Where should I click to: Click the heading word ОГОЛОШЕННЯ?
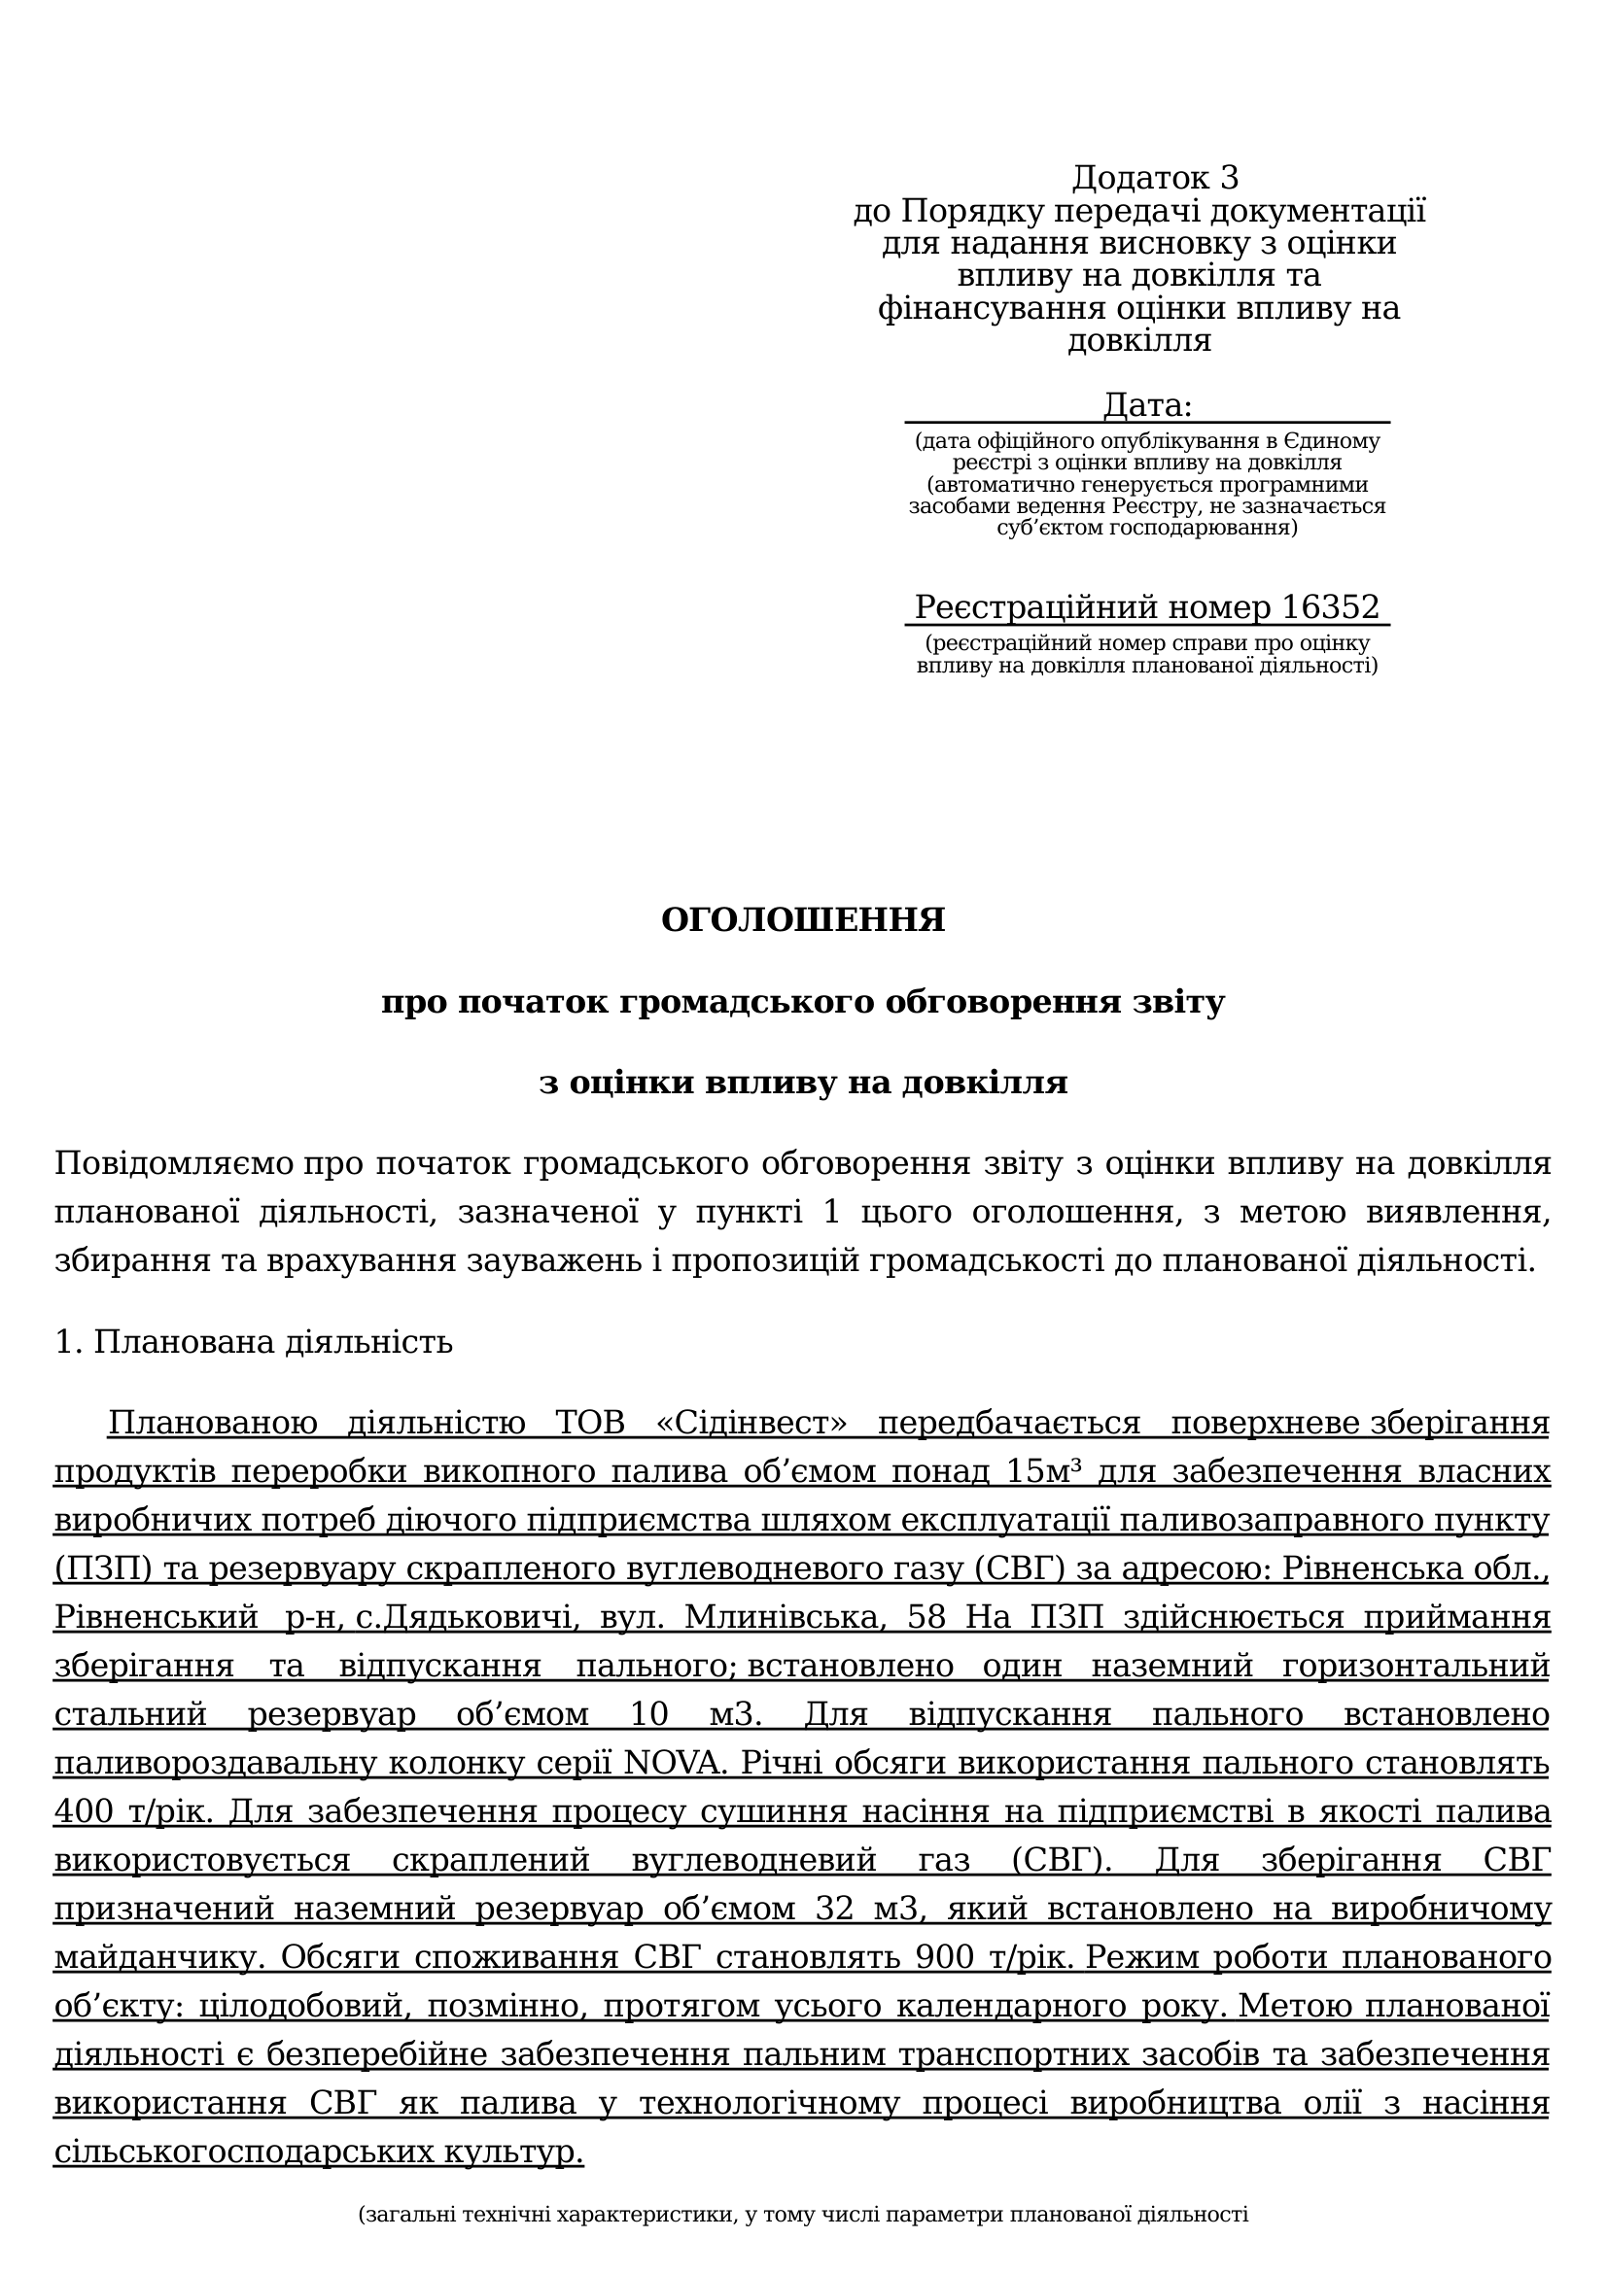click(802, 920)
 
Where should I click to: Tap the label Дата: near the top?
click(1146, 405)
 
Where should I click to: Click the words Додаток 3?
click(1155, 178)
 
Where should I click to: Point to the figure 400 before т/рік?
click(85, 1811)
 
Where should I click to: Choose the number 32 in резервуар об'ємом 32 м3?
click(840, 1909)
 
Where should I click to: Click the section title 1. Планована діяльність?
click(254, 1342)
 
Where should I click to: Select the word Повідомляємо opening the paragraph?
click(174, 1163)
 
